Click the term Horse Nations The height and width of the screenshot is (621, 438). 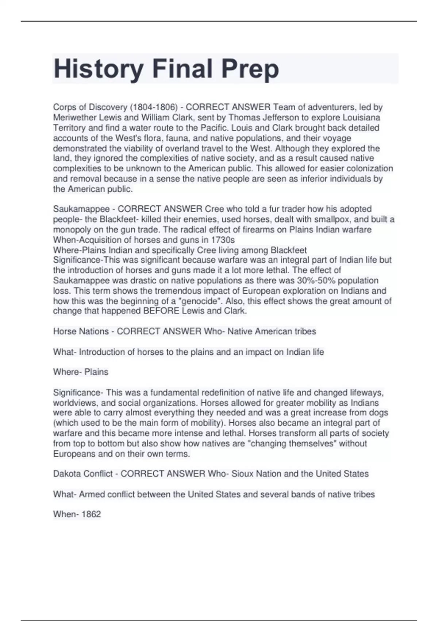click(x=81, y=331)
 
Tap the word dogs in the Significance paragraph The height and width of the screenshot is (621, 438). click(x=379, y=413)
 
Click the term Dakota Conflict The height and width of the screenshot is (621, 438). click(x=83, y=474)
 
